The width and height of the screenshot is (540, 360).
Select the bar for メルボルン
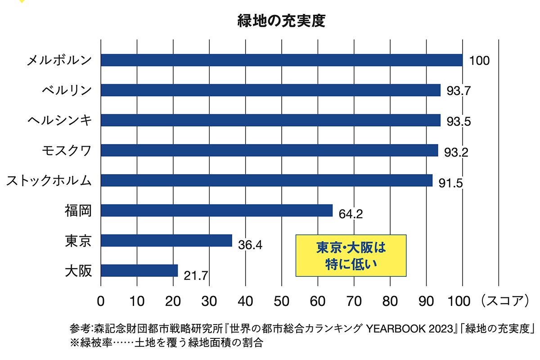click(282, 60)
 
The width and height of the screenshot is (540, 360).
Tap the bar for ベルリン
click(270, 90)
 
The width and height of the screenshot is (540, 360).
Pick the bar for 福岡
click(216, 211)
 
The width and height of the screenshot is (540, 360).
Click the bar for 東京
click(166, 241)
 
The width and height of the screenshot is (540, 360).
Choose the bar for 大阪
click(139, 270)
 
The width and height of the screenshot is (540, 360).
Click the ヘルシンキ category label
click(59, 120)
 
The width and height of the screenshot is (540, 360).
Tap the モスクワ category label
click(66, 150)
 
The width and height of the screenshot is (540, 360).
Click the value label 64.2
click(351, 214)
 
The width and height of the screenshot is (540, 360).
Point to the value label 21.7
click(196, 275)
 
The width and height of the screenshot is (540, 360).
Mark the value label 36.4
click(250, 245)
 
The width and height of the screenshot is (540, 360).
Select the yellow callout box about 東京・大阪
click(351, 255)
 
